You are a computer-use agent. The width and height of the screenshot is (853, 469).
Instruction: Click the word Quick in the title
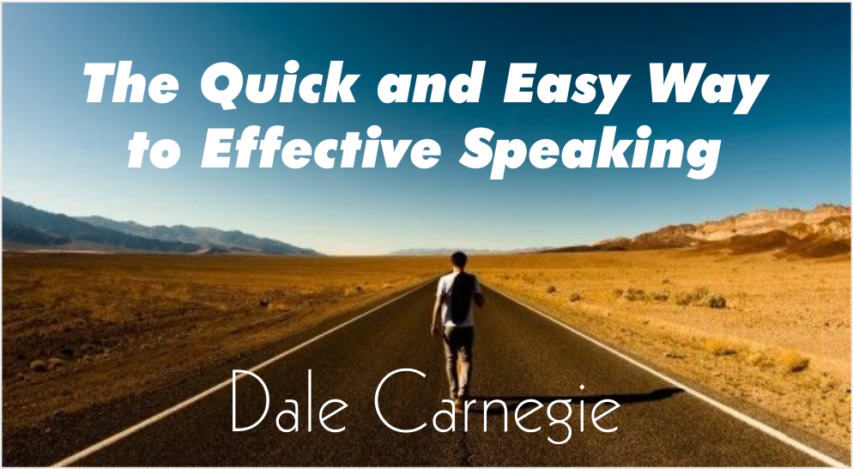(279, 83)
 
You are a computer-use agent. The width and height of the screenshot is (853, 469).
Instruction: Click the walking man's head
(459, 259)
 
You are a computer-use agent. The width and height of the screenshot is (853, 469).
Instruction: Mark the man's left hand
(434, 330)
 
